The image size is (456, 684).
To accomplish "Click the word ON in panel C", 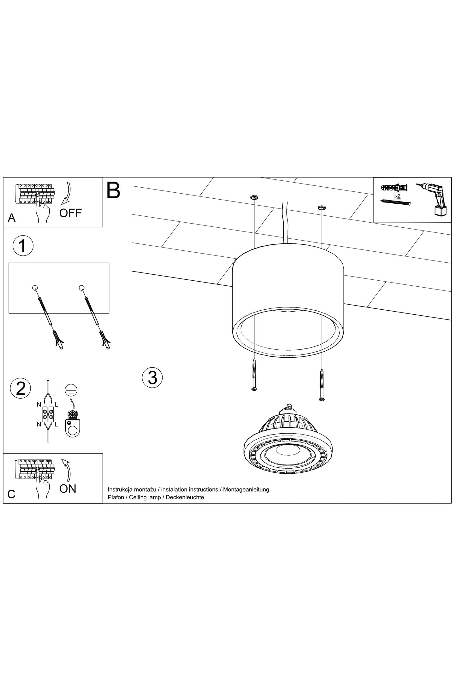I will click(68, 488).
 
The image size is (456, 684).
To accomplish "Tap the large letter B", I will click(113, 190).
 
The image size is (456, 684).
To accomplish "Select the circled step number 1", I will click(23, 246).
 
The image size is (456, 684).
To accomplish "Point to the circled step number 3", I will click(152, 377).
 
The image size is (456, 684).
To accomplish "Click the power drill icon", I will click(434, 199).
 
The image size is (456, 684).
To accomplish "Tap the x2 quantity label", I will click(397, 196).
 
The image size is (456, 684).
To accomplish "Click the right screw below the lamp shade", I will click(322, 385).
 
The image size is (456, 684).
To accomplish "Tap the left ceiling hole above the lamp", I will click(254, 198).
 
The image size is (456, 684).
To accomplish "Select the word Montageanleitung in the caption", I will click(246, 489).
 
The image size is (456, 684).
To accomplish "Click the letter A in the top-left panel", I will click(12, 218).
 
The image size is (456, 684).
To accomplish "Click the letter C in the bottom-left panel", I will click(11, 494).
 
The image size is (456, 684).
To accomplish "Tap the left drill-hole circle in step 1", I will click(35, 288).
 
